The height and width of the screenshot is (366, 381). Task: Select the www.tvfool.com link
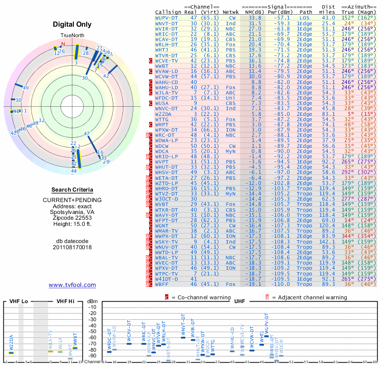click(x=72, y=285)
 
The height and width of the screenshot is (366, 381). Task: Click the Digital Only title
click(x=72, y=24)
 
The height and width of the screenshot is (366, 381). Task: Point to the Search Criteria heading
click(x=72, y=190)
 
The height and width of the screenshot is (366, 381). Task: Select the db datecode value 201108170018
click(x=72, y=247)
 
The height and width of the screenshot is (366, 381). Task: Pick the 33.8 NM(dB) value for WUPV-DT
click(x=254, y=17)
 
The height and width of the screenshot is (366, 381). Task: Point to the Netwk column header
click(x=231, y=11)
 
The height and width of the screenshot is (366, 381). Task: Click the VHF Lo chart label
click(x=19, y=301)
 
